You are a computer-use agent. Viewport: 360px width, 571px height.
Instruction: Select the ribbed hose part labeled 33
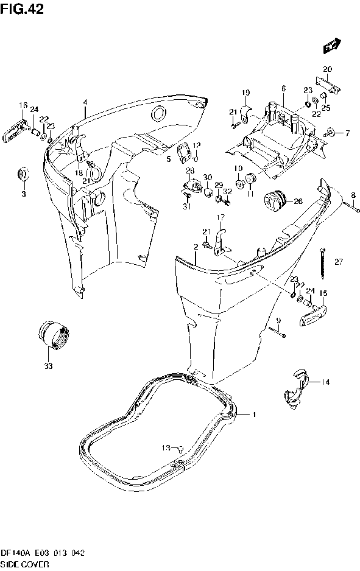pyautogui.click(x=54, y=335)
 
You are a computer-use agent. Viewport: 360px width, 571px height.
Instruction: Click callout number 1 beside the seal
pyautogui.click(x=255, y=415)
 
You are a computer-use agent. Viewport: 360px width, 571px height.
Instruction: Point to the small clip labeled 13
pyautogui.click(x=181, y=448)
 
